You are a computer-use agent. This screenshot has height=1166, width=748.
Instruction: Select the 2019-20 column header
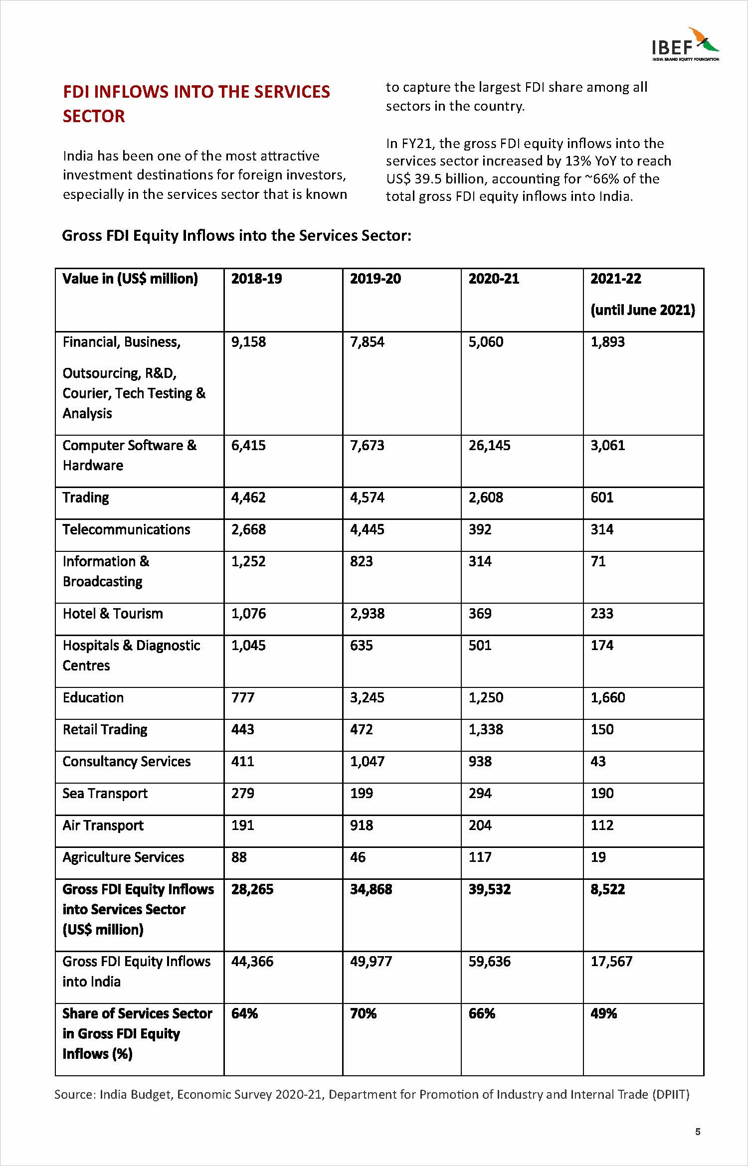click(x=375, y=279)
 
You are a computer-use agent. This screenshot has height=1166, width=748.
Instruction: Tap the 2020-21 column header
click(x=494, y=279)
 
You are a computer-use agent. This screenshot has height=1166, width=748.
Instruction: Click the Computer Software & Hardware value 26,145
click(x=489, y=445)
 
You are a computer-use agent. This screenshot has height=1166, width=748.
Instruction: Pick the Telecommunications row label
click(x=126, y=529)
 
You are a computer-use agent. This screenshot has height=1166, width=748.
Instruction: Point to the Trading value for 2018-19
click(x=248, y=498)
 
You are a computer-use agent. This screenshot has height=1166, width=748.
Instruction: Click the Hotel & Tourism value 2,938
click(x=367, y=614)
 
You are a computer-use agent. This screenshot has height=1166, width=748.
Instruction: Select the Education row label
click(x=93, y=697)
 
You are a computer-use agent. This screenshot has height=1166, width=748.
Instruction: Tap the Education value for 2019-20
click(x=367, y=697)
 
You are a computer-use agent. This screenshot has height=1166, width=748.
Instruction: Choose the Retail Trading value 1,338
click(x=486, y=729)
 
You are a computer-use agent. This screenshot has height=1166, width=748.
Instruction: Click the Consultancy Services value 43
click(x=598, y=761)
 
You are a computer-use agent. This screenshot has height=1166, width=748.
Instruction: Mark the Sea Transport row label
click(x=105, y=793)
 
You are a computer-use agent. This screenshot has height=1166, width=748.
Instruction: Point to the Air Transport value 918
click(x=362, y=825)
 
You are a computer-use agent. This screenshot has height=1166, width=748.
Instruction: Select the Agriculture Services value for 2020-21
click(x=480, y=857)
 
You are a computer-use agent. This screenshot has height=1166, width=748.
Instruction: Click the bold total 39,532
click(x=489, y=889)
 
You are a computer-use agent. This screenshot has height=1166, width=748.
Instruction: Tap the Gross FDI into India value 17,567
click(x=611, y=961)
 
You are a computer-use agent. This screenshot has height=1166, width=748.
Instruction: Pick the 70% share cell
click(x=363, y=1013)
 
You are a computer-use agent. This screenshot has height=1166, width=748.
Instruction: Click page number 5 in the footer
click(x=698, y=1132)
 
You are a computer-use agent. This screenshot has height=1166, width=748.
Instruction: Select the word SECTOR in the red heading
click(x=94, y=116)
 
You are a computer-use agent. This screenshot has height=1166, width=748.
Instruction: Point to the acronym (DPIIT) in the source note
click(x=671, y=1095)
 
